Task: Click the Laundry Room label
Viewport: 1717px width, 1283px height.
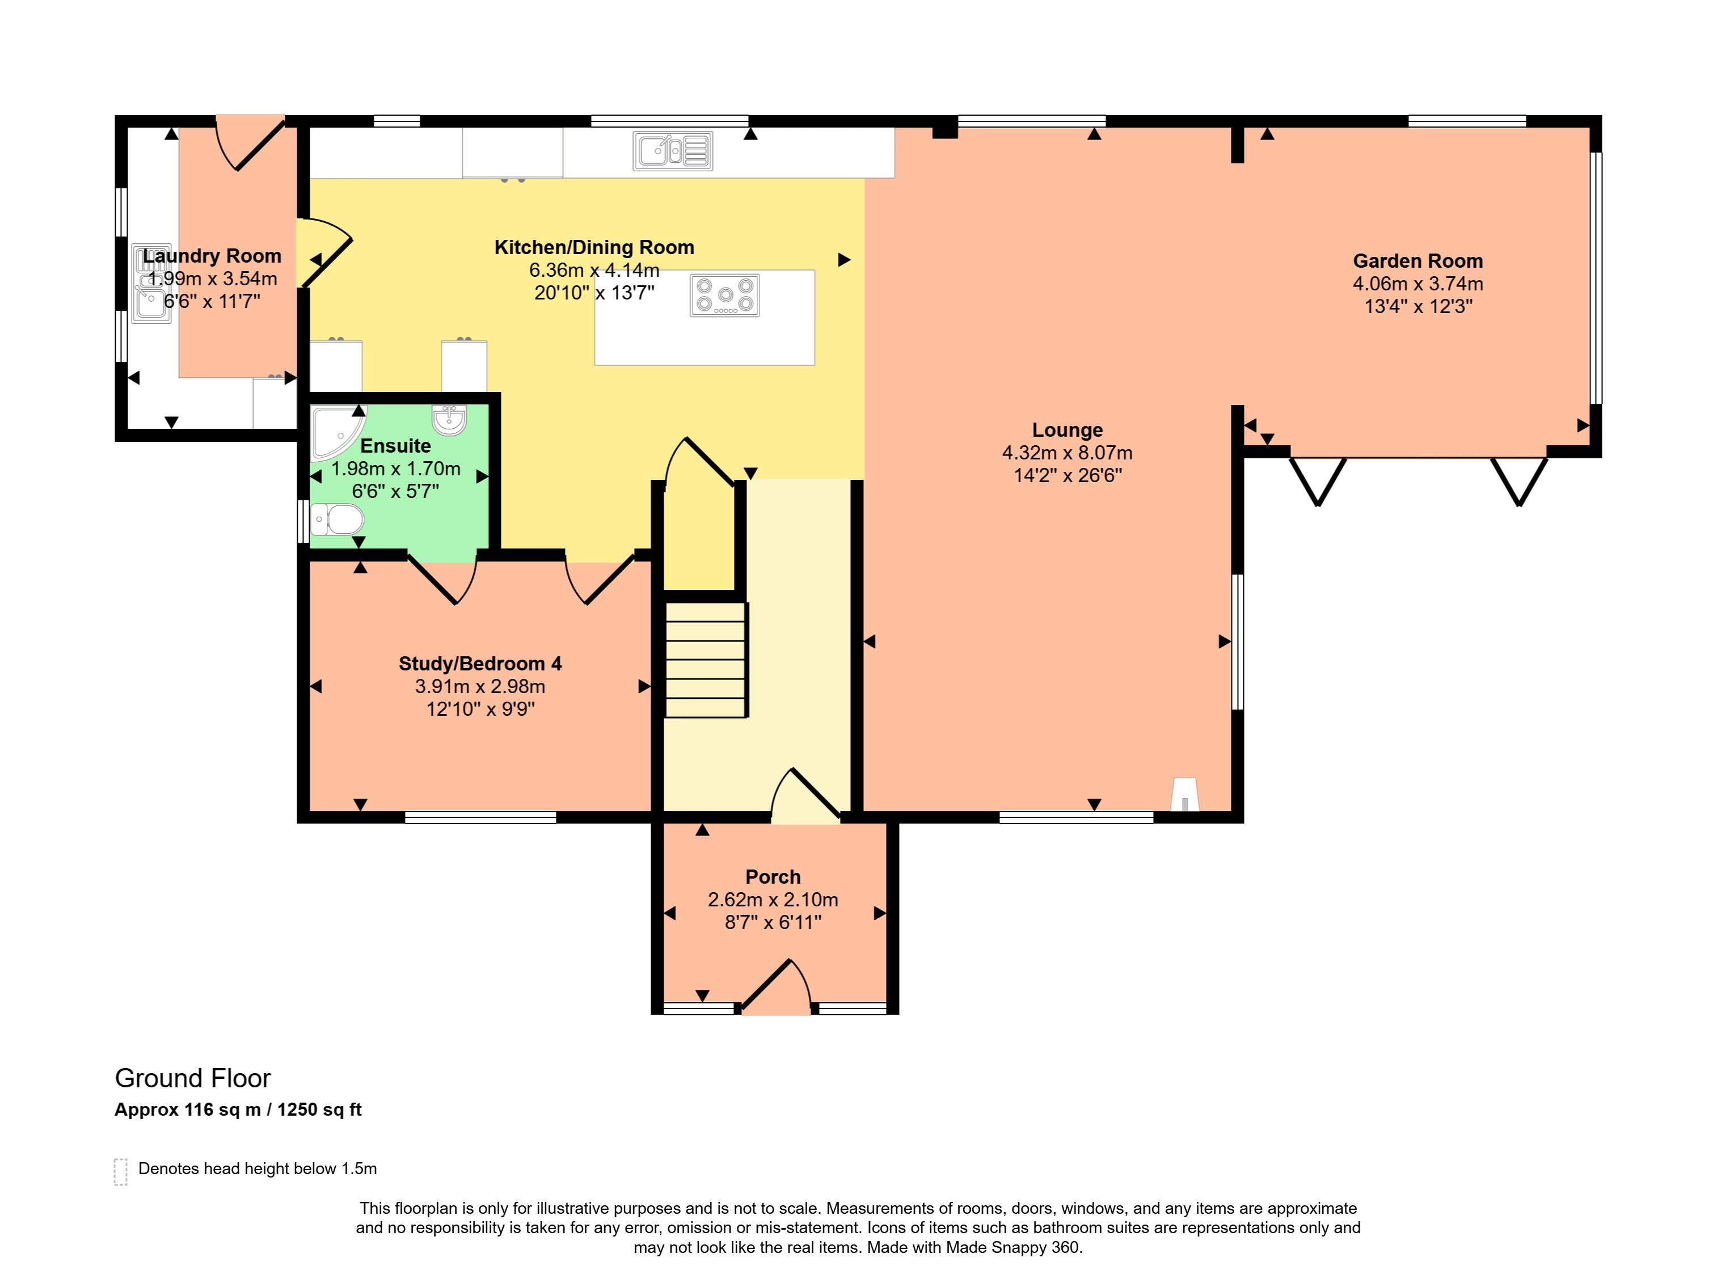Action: pos(212,256)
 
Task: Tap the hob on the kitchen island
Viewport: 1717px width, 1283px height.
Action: pos(725,295)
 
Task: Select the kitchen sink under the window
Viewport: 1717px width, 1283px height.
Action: pos(673,150)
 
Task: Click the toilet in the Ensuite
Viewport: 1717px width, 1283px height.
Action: pos(337,519)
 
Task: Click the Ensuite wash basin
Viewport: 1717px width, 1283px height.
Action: pos(449,419)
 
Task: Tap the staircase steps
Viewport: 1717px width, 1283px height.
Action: pos(706,660)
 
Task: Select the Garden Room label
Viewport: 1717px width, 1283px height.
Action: pos(1418,261)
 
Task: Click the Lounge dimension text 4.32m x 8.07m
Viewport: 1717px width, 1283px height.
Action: pos(1068,453)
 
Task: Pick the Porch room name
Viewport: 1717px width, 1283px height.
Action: pos(773,877)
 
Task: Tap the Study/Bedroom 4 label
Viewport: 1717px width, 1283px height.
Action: pos(480,664)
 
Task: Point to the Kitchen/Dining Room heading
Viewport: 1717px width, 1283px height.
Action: pos(594,248)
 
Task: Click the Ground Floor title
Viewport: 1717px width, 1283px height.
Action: pos(192,1078)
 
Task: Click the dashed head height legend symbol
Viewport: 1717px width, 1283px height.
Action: pos(120,1172)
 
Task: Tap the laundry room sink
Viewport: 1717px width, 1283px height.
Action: pos(150,283)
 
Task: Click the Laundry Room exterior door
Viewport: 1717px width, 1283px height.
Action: pos(250,142)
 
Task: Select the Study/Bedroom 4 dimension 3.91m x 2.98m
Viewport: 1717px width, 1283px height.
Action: pos(480,686)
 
